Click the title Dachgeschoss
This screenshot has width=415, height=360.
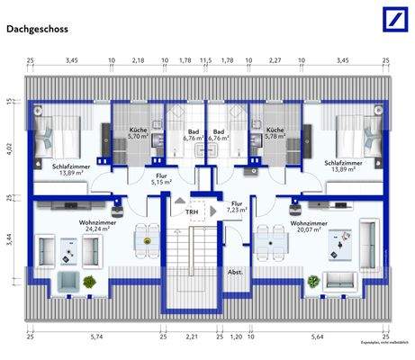click(37, 29)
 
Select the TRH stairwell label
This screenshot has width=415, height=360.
click(192, 211)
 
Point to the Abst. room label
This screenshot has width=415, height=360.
click(235, 272)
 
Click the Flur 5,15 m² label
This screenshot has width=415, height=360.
click(161, 179)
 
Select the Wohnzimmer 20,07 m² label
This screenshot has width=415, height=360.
click(308, 226)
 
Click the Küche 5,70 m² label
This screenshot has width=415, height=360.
click(138, 134)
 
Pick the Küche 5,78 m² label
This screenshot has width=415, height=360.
click(275, 134)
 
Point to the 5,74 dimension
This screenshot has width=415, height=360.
click(96, 337)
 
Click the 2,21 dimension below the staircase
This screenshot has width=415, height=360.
click(191, 337)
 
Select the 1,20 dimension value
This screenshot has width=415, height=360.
click(235, 337)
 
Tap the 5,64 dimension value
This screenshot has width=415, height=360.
click(317, 337)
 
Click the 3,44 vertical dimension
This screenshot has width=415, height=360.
click(10, 239)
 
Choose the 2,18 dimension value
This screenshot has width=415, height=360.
click(138, 61)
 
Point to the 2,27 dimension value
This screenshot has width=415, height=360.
click(275, 61)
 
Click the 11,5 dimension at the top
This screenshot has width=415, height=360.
click(205, 61)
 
